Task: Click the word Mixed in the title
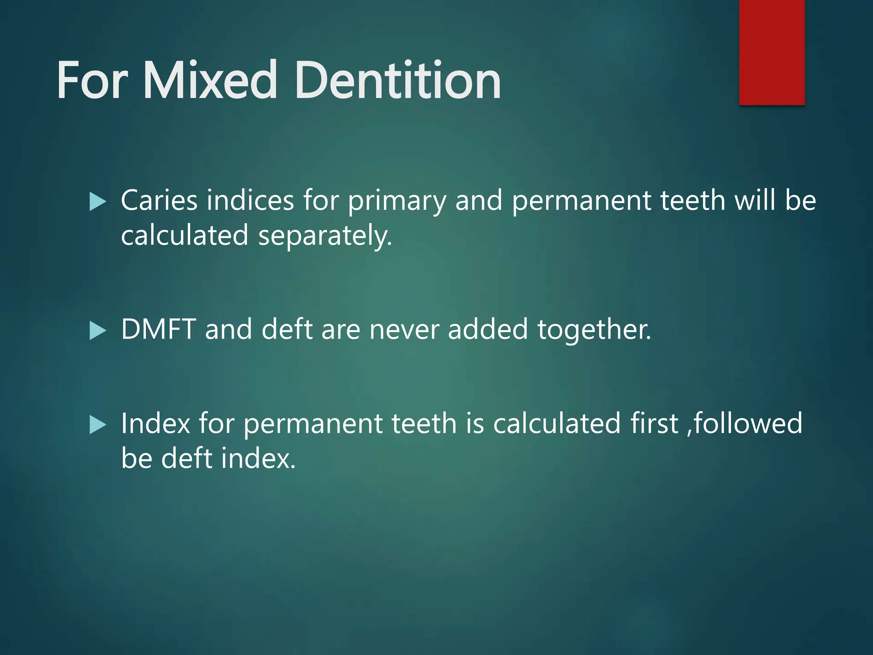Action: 211,80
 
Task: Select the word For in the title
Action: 92,80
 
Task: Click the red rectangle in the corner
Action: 772,52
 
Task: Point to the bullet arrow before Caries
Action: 98,201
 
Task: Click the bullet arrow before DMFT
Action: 98,330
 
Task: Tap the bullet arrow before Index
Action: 98,425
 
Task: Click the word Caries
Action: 159,200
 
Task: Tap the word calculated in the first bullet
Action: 185,235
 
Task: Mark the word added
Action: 488,330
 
